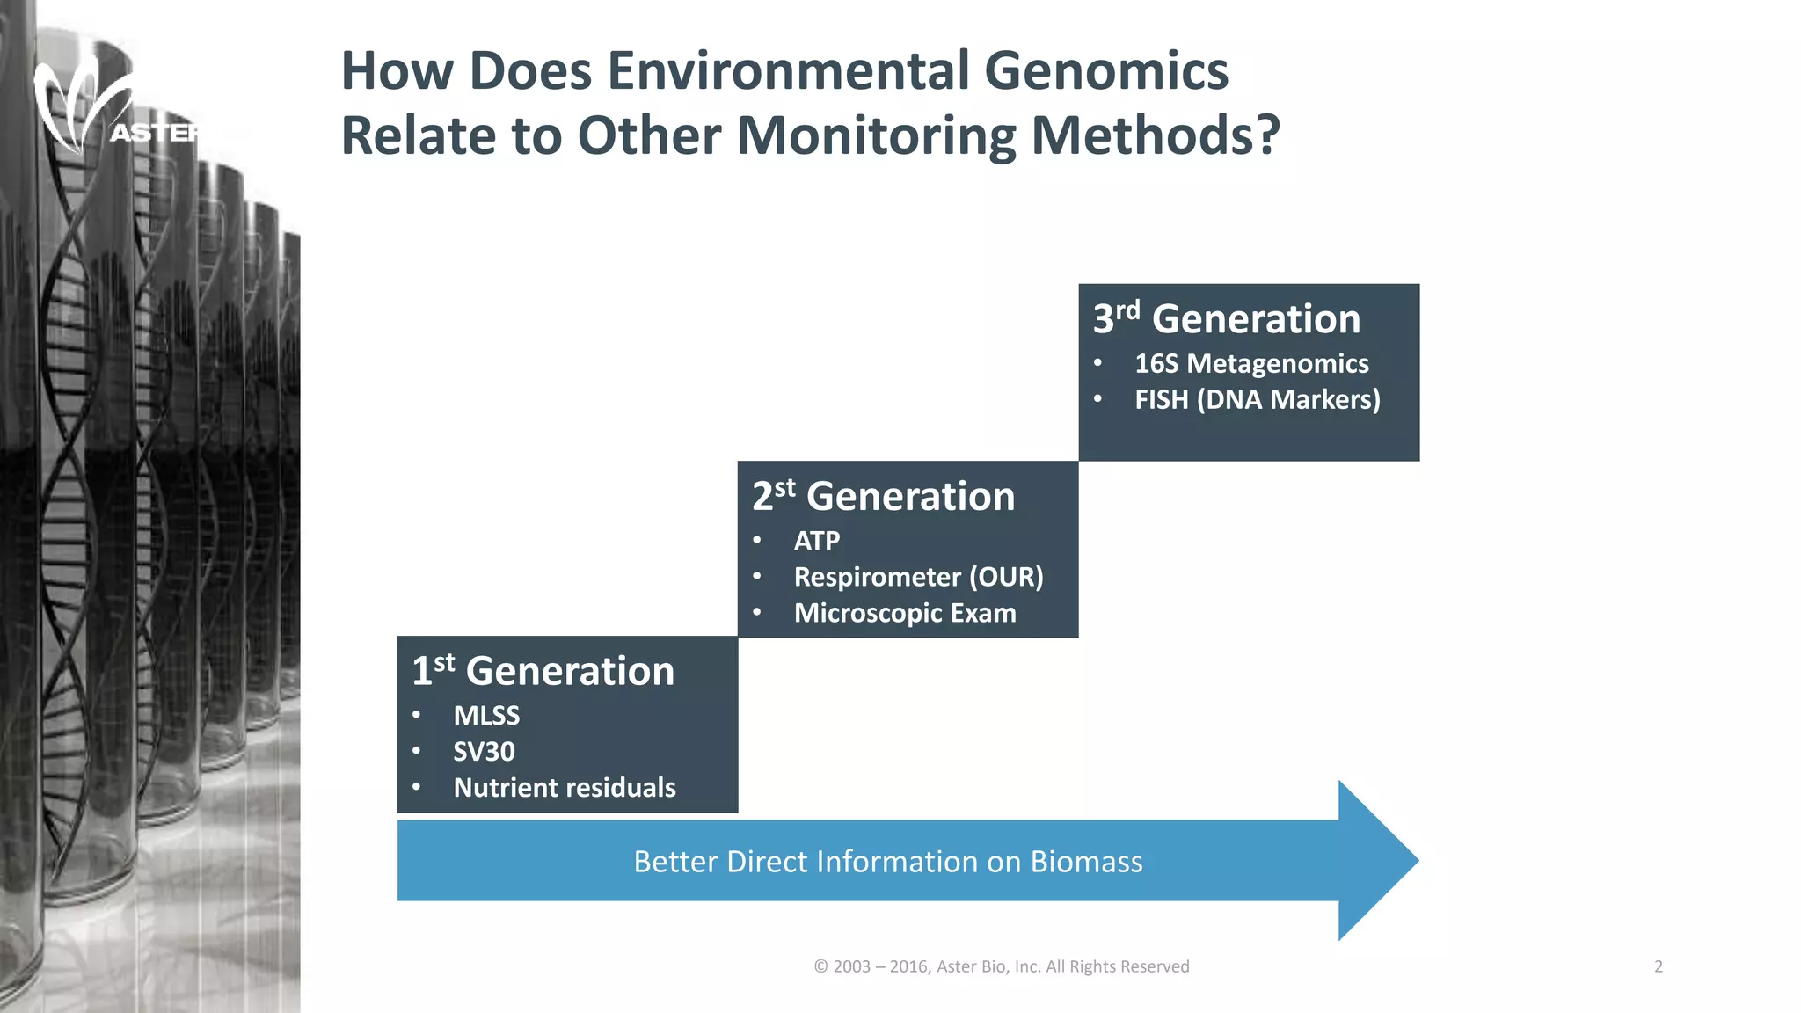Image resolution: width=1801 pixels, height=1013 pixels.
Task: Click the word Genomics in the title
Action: point(1105,71)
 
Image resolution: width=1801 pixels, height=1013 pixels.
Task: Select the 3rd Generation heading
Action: point(1226,318)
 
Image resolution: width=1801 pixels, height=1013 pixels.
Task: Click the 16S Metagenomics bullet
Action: point(1250,363)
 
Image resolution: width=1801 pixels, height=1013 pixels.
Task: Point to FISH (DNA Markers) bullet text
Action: point(1257,399)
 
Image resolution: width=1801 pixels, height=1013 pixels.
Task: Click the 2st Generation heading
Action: point(883,496)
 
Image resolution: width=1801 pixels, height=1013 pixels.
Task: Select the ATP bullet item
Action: point(816,541)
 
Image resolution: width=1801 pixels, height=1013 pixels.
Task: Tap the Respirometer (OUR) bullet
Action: point(918,577)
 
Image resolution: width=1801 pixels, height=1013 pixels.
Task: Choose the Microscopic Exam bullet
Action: point(904,613)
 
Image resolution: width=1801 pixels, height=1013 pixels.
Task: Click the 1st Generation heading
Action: point(543,671)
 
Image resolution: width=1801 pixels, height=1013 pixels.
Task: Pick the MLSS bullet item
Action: point(486,716)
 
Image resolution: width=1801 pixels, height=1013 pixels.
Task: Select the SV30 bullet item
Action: point(484,752)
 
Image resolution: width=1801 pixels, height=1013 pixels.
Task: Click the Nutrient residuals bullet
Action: point(564,788)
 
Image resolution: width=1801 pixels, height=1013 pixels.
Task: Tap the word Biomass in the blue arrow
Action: point(1086,862)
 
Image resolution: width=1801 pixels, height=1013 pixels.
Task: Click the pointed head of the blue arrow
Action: point(1381,860)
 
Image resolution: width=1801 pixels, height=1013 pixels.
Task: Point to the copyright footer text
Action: point(1001,966)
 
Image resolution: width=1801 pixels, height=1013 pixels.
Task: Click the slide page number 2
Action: point(1658,966)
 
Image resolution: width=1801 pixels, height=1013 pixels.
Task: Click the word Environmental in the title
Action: point(788,71)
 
